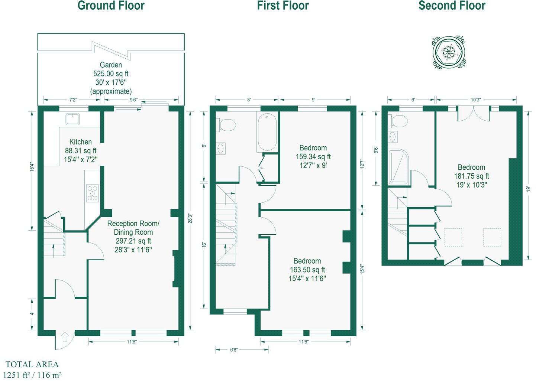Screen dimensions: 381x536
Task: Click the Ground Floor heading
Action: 111,6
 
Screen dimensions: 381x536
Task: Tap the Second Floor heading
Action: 452,6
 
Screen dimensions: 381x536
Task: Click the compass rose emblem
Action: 449,52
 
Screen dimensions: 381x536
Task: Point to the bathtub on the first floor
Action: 267,132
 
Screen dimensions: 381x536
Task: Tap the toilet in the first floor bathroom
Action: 227,125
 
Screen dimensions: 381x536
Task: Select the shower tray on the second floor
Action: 398,167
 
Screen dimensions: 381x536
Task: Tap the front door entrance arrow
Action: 65,337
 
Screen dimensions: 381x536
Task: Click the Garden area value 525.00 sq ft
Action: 111,74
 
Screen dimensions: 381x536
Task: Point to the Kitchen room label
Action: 80,142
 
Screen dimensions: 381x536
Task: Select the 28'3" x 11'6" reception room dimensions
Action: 133,250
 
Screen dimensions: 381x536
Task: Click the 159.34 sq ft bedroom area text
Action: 313,157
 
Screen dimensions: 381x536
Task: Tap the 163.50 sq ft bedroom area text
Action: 307,270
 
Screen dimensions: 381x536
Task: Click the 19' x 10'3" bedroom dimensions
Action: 471,185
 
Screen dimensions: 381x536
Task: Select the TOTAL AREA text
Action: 32,364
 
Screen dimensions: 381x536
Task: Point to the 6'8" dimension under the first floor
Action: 234,350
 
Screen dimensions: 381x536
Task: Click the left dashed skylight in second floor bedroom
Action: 453,237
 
